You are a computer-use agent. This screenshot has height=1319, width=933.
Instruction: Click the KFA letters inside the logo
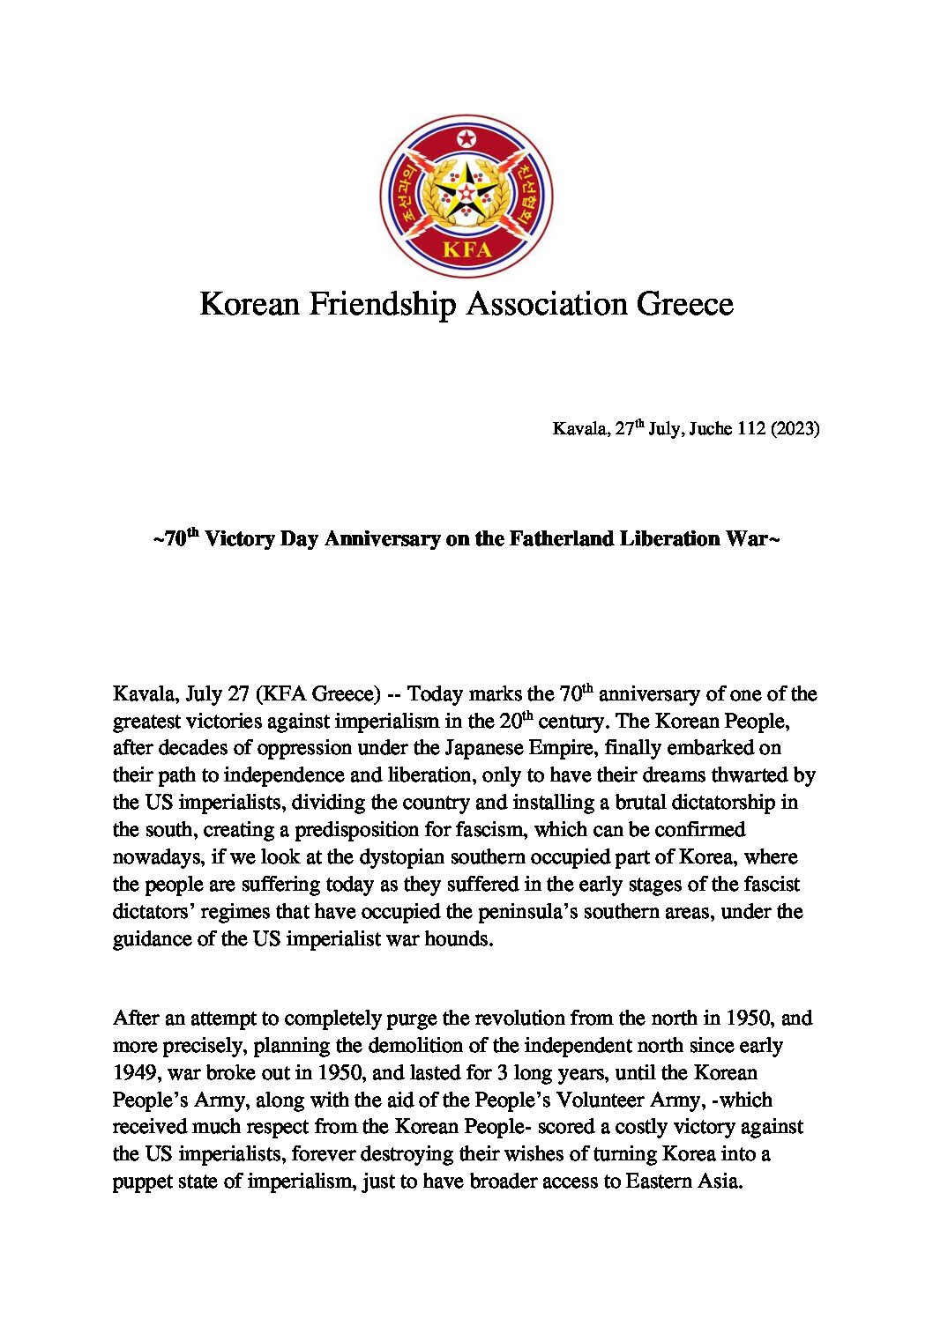[466, 249]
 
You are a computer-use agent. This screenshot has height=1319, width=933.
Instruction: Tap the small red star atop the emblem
[466, 139]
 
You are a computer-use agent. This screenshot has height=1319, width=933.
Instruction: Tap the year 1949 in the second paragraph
[135, 1073]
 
